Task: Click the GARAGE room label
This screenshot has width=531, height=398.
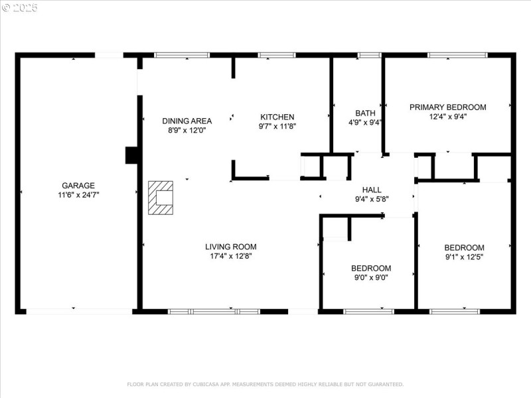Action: coord(78,186)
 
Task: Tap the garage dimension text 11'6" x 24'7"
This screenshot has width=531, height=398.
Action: coord(78,195)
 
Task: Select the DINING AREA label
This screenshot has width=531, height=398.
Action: coord(187,121)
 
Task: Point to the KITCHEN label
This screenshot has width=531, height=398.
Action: coord(277,117)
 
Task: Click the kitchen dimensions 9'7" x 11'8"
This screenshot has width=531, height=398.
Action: coord(277,126)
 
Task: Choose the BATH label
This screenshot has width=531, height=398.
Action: coord(365,113)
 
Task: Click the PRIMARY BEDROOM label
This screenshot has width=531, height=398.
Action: coord(447,107)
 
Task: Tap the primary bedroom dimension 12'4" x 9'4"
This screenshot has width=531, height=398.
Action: coord(447,117)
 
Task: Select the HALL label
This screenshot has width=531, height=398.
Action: coord(371,190)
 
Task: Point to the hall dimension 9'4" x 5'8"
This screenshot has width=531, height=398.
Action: coord(371,199)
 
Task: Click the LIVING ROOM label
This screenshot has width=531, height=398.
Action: coord(230,247)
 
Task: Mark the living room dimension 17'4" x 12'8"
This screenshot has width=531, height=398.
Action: coord(230,256)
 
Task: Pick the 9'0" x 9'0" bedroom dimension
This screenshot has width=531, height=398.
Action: coord(371,278)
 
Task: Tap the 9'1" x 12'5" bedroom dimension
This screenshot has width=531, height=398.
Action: coord(464,257)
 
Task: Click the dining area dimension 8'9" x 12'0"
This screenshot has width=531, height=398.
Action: coord(187,131)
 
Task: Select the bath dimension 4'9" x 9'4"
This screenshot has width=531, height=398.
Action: coord(365,122)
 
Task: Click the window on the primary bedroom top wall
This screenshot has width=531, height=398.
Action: coord(457,55)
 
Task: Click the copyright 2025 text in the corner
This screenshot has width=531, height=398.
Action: coord(20,8)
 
